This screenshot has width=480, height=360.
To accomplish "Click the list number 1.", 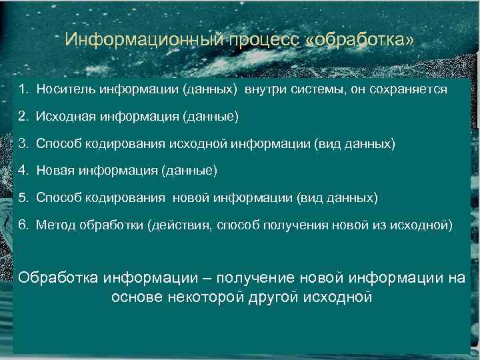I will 23,89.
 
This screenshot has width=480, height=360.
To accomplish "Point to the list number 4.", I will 23,171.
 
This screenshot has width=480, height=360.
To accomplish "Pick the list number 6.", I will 23,225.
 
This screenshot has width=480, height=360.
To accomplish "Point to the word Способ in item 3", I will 59,143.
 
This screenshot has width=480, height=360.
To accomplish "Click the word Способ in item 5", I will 59,198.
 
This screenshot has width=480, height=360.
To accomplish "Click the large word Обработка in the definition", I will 59,277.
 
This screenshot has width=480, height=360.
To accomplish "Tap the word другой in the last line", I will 279,297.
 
